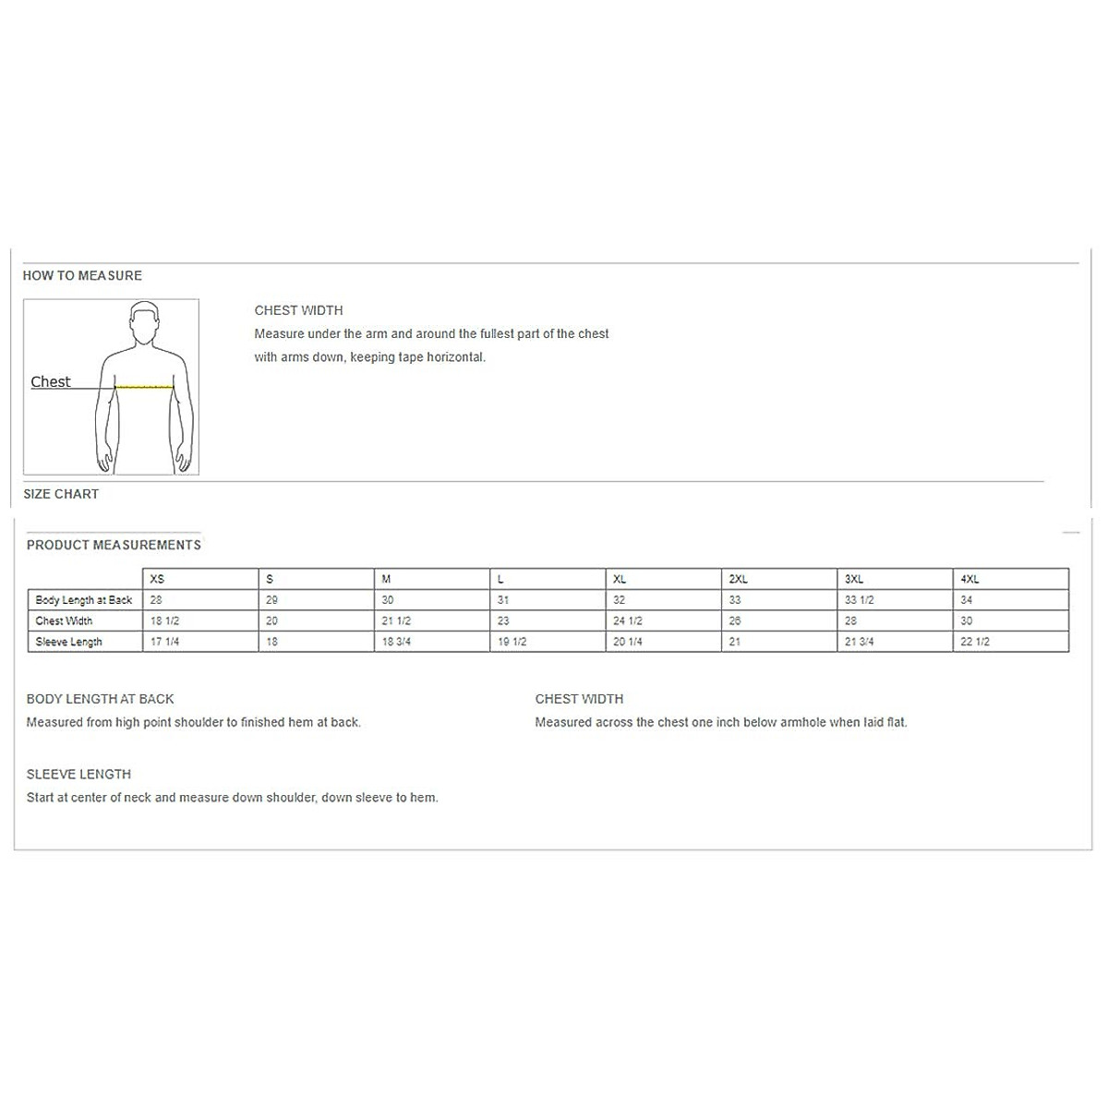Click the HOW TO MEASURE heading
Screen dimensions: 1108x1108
point(82,275)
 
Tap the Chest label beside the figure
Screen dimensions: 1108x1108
point(50,381)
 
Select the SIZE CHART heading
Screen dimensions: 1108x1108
point(61,494)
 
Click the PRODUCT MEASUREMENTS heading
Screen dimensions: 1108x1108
point(114,545)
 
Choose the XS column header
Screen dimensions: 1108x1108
point(157,579)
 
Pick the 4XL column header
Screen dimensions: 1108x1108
point(969,579)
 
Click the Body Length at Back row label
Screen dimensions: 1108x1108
point(84,600)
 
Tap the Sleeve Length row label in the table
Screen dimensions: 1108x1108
point(69,642)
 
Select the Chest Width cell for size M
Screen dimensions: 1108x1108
point(396,621)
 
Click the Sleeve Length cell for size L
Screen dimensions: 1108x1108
point(512,642)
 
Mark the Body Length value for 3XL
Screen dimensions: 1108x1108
point(859,600)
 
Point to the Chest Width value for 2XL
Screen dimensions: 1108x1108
point(735,621)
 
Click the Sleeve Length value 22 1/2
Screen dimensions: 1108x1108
point(975,642)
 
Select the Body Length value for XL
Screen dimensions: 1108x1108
point(619,600)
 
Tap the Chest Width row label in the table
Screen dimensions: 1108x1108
point(64,621)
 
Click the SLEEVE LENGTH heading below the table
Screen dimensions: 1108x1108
point(78,774)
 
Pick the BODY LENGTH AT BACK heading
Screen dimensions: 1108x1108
point(100,699)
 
